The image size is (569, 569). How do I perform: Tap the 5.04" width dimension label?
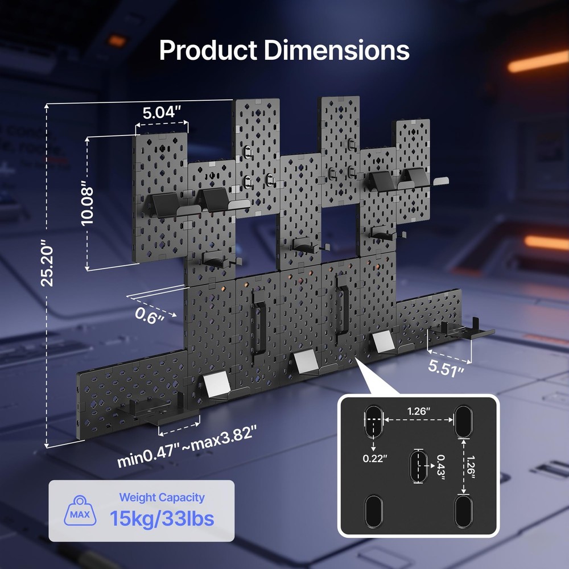[162, 113]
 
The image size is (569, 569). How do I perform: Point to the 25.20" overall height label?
[47, 263]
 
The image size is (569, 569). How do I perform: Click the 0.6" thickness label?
[149, 315]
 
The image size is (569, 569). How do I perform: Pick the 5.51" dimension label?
[446, 368]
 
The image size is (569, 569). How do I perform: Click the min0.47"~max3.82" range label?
[187, 446]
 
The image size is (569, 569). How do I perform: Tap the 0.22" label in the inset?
[375, 459]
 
